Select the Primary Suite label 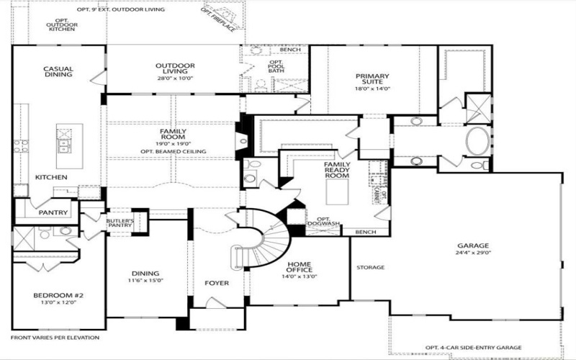372,79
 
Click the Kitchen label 51,177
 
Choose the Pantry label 54,212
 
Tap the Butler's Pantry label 120,223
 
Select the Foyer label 217,283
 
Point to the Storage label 371,267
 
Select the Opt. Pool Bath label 277,66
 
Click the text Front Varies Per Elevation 55,337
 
